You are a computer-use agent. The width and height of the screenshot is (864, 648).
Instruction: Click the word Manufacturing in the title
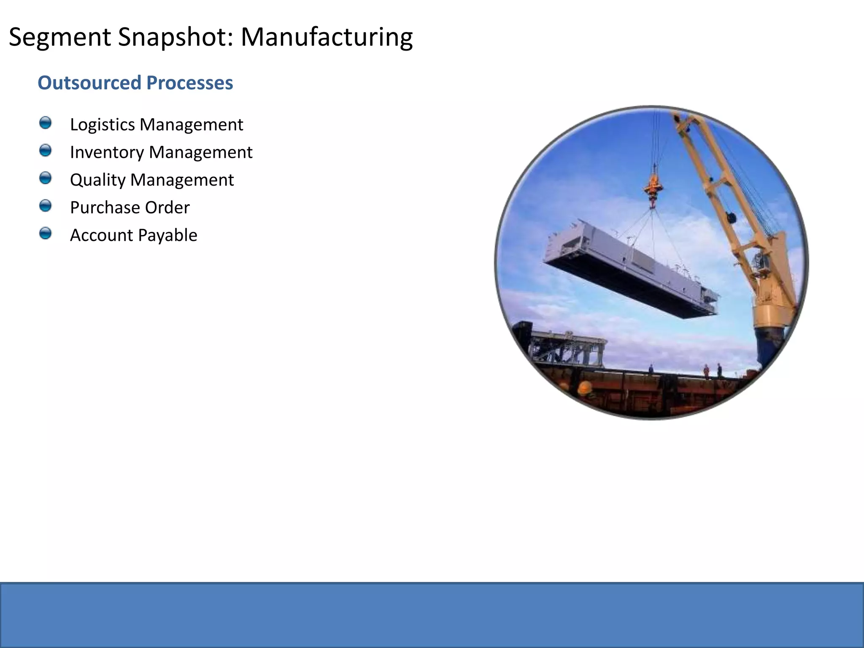pyautogui.click(x=327, y=37)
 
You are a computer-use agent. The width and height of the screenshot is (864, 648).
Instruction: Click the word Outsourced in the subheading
pyautogui.click(x=89, y=83)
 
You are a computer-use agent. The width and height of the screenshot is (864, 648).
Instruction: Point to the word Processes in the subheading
pyautogui.click(x=189, y=83)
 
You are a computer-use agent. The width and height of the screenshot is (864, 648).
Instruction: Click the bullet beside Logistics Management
pyautogui.click(x=45, y=123)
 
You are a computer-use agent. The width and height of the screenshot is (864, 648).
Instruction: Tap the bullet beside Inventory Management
pyautogui.click(x=45, y=151)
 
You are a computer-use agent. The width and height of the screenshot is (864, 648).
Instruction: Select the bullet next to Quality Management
pyautogui.click(x=45, y=178)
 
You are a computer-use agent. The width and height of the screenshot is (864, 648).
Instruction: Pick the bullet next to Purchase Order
pyautogui.click(x=45, y=206)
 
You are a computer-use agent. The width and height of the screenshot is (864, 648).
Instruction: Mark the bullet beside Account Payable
pyautogui.click(x=45, y=234)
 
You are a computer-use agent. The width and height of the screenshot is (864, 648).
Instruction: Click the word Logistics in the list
pyautogui.click(x=102, y=125)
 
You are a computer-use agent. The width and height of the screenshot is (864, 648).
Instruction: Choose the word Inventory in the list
pyautogui.click(x=107, y=152)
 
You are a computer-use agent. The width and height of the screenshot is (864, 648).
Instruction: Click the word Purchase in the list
pyautogui.click(x=105, y=208)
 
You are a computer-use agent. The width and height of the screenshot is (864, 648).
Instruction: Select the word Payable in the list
pyautogui.click(x=167, y=235)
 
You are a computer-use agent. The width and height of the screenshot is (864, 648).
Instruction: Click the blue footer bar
pyautogui.click(x=432, y=615)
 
